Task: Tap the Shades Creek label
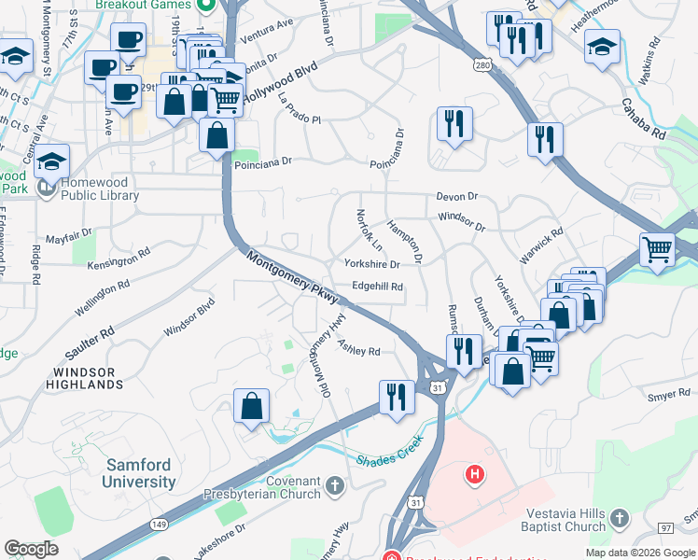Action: click(x=390, y=459)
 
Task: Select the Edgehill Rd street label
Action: click(x=378, y=287)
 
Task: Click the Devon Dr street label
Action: click(x=456, y=197)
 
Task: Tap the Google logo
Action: click(x=32, y=548)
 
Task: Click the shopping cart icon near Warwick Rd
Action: click(x=658, y=249)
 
